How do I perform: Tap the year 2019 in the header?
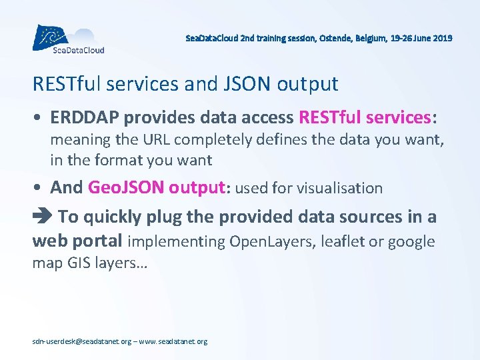(x=441, y=39)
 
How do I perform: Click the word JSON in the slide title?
(x=245, y=84)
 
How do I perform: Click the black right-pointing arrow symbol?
(x=41, y=217)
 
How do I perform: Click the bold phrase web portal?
(x=77, y=241)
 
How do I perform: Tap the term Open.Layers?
(x=265, y=241)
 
